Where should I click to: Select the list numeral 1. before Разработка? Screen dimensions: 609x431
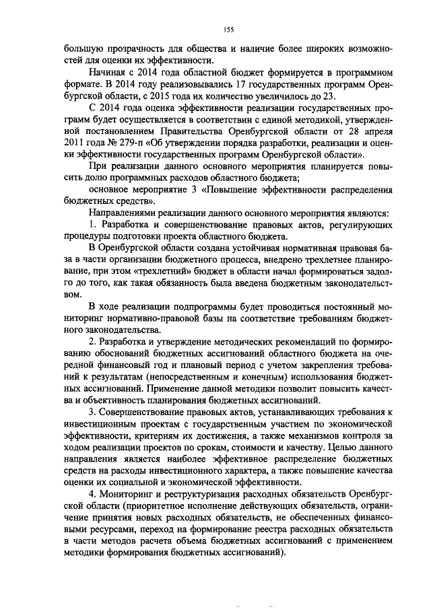pyautogui.click(x=92, y=223)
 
